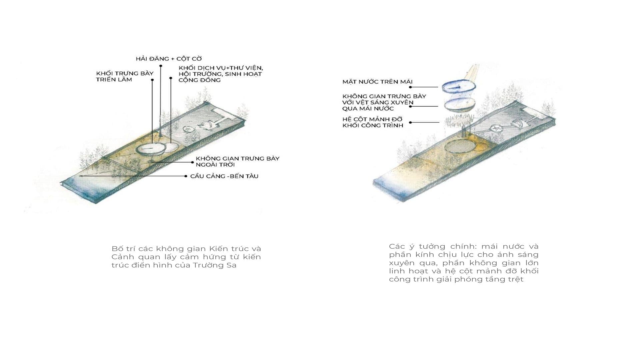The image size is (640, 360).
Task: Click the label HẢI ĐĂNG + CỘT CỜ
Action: (169, 59)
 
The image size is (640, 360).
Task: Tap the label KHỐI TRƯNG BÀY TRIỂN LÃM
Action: (125, 76)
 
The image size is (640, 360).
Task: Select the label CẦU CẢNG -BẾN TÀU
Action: (224, 176)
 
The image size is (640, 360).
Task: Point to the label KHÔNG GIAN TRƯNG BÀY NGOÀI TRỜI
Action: (237, 161)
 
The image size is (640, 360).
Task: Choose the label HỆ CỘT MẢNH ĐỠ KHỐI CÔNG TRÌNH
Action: (373, 122)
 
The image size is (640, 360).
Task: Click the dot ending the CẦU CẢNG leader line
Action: (186, 176)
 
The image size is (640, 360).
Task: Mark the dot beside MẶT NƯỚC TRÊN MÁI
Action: (410, 87)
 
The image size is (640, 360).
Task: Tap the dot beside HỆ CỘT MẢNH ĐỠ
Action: (410, 122)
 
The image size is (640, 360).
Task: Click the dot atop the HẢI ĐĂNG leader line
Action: (161, 66)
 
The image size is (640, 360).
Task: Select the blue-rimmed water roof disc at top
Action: (458, 88)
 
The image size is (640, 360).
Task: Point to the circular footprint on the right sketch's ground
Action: (461, 147)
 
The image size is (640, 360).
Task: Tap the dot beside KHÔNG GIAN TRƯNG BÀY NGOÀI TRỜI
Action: (192, 162)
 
